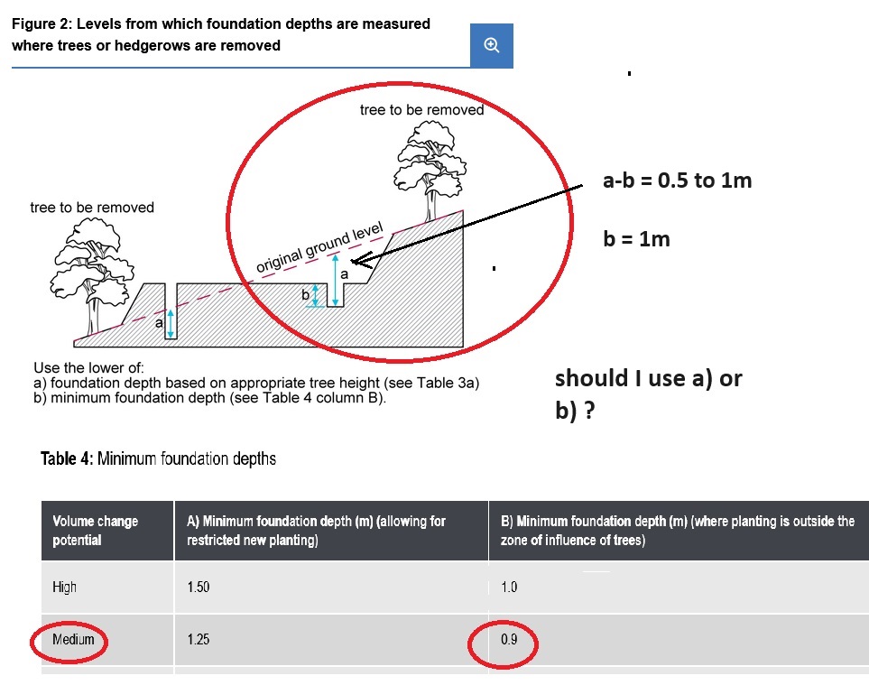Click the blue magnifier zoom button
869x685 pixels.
click(492, 45)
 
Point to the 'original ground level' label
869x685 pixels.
click(319, 247)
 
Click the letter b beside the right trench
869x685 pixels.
click(305, 295)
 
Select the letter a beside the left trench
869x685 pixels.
click(159, 323)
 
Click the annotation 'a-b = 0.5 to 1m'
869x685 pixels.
click(678, 181)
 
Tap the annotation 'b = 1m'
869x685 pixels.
click(636, 239)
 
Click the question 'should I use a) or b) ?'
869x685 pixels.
click(649, 394)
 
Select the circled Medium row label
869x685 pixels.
click(73, 640)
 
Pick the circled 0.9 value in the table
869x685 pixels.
click(509, 640)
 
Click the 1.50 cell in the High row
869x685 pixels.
click(199, 587)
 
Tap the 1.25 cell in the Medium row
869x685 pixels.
click(199, 640)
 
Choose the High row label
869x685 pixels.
click(64, 587)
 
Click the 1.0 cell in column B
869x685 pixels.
click(509, 587)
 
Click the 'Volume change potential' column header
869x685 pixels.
click(96, 531)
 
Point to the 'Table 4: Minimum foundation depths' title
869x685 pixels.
click(158, 458)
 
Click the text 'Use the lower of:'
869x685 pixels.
click(88, 367)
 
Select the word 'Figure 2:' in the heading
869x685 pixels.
click(42, 23)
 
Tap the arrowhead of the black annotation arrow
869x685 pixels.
click(355, 261)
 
